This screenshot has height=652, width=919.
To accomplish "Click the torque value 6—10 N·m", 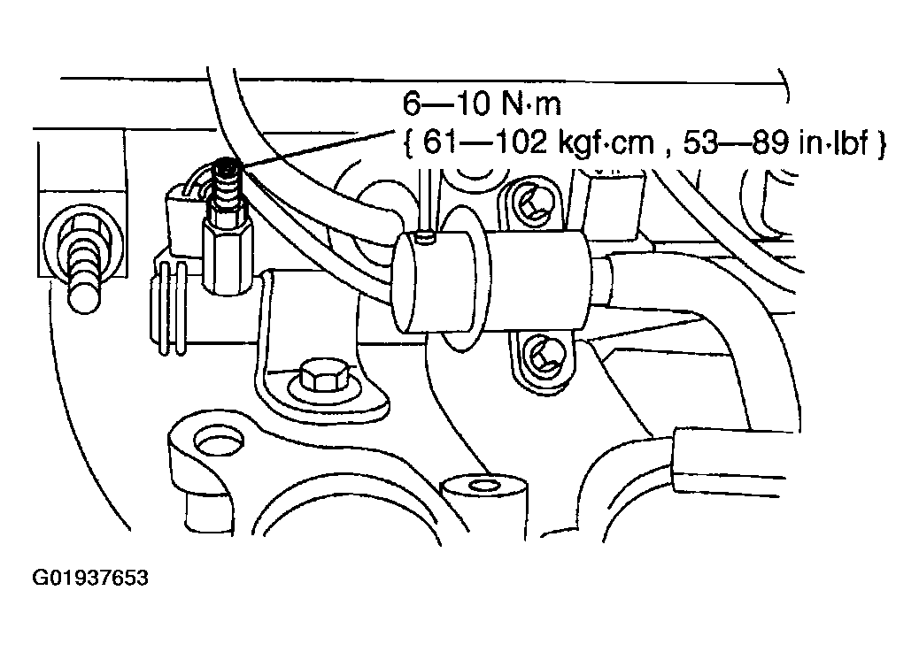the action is (481, 104).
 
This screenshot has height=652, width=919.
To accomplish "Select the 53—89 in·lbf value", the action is (776, 143).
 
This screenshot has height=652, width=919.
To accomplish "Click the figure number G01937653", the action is (90, 579).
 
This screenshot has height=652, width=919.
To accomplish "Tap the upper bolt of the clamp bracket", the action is (531, 203).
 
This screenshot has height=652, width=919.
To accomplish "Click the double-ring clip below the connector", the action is (172, 309).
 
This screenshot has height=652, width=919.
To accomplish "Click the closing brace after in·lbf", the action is (882, 144).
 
